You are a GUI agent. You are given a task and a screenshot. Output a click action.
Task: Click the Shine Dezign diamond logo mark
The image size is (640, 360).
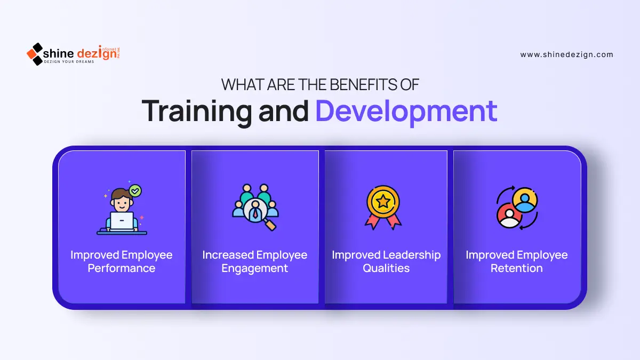coord(35,54)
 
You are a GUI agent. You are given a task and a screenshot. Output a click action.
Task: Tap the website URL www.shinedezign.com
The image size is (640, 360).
coord(566,54)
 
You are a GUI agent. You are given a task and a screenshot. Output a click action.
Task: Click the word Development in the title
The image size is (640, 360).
coord(406,111)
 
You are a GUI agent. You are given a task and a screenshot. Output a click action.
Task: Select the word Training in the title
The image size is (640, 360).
coord(197,112)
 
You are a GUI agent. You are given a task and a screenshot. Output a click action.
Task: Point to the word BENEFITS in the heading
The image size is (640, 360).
coord(363,85)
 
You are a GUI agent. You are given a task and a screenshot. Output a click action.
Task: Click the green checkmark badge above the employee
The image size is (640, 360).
coord(135,190)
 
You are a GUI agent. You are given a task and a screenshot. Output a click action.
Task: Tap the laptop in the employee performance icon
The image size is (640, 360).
coord(122,221)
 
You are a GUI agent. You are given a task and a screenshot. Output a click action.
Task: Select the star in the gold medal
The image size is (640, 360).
coord(383,202)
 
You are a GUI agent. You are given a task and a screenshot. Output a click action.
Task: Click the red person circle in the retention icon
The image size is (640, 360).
coord(509,215)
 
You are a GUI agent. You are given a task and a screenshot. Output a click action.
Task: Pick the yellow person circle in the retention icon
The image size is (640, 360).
coord(525,199)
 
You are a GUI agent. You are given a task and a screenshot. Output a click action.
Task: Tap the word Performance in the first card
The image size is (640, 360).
coord(122,268)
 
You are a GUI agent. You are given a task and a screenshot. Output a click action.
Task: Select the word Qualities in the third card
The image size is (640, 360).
coord(386,268)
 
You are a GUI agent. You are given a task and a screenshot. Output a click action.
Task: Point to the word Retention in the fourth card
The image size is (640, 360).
coord(517,268)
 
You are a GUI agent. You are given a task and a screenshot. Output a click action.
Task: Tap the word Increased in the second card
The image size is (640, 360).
coord(228,255)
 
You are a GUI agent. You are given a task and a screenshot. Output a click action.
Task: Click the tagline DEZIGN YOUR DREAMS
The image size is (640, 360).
coord(69,62)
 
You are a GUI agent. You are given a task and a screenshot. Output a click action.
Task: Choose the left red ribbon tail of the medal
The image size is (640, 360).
coord(373,222)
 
